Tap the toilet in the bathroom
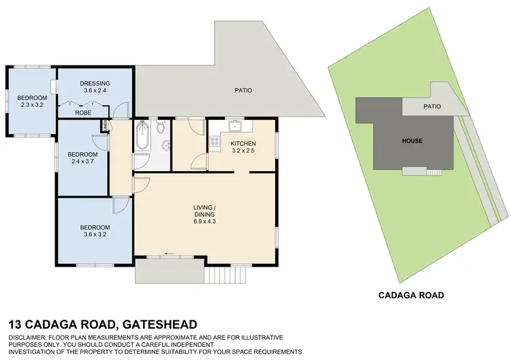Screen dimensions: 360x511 160,127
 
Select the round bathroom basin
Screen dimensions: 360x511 166,145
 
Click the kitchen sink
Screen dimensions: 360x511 235,125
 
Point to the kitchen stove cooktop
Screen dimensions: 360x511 216,142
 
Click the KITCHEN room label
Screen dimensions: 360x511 243,143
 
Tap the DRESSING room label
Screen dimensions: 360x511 95,82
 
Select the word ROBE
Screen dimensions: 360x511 83,112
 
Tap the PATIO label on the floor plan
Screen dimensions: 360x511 244,89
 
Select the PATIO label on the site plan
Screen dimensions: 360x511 432,106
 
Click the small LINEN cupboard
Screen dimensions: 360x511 104,125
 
